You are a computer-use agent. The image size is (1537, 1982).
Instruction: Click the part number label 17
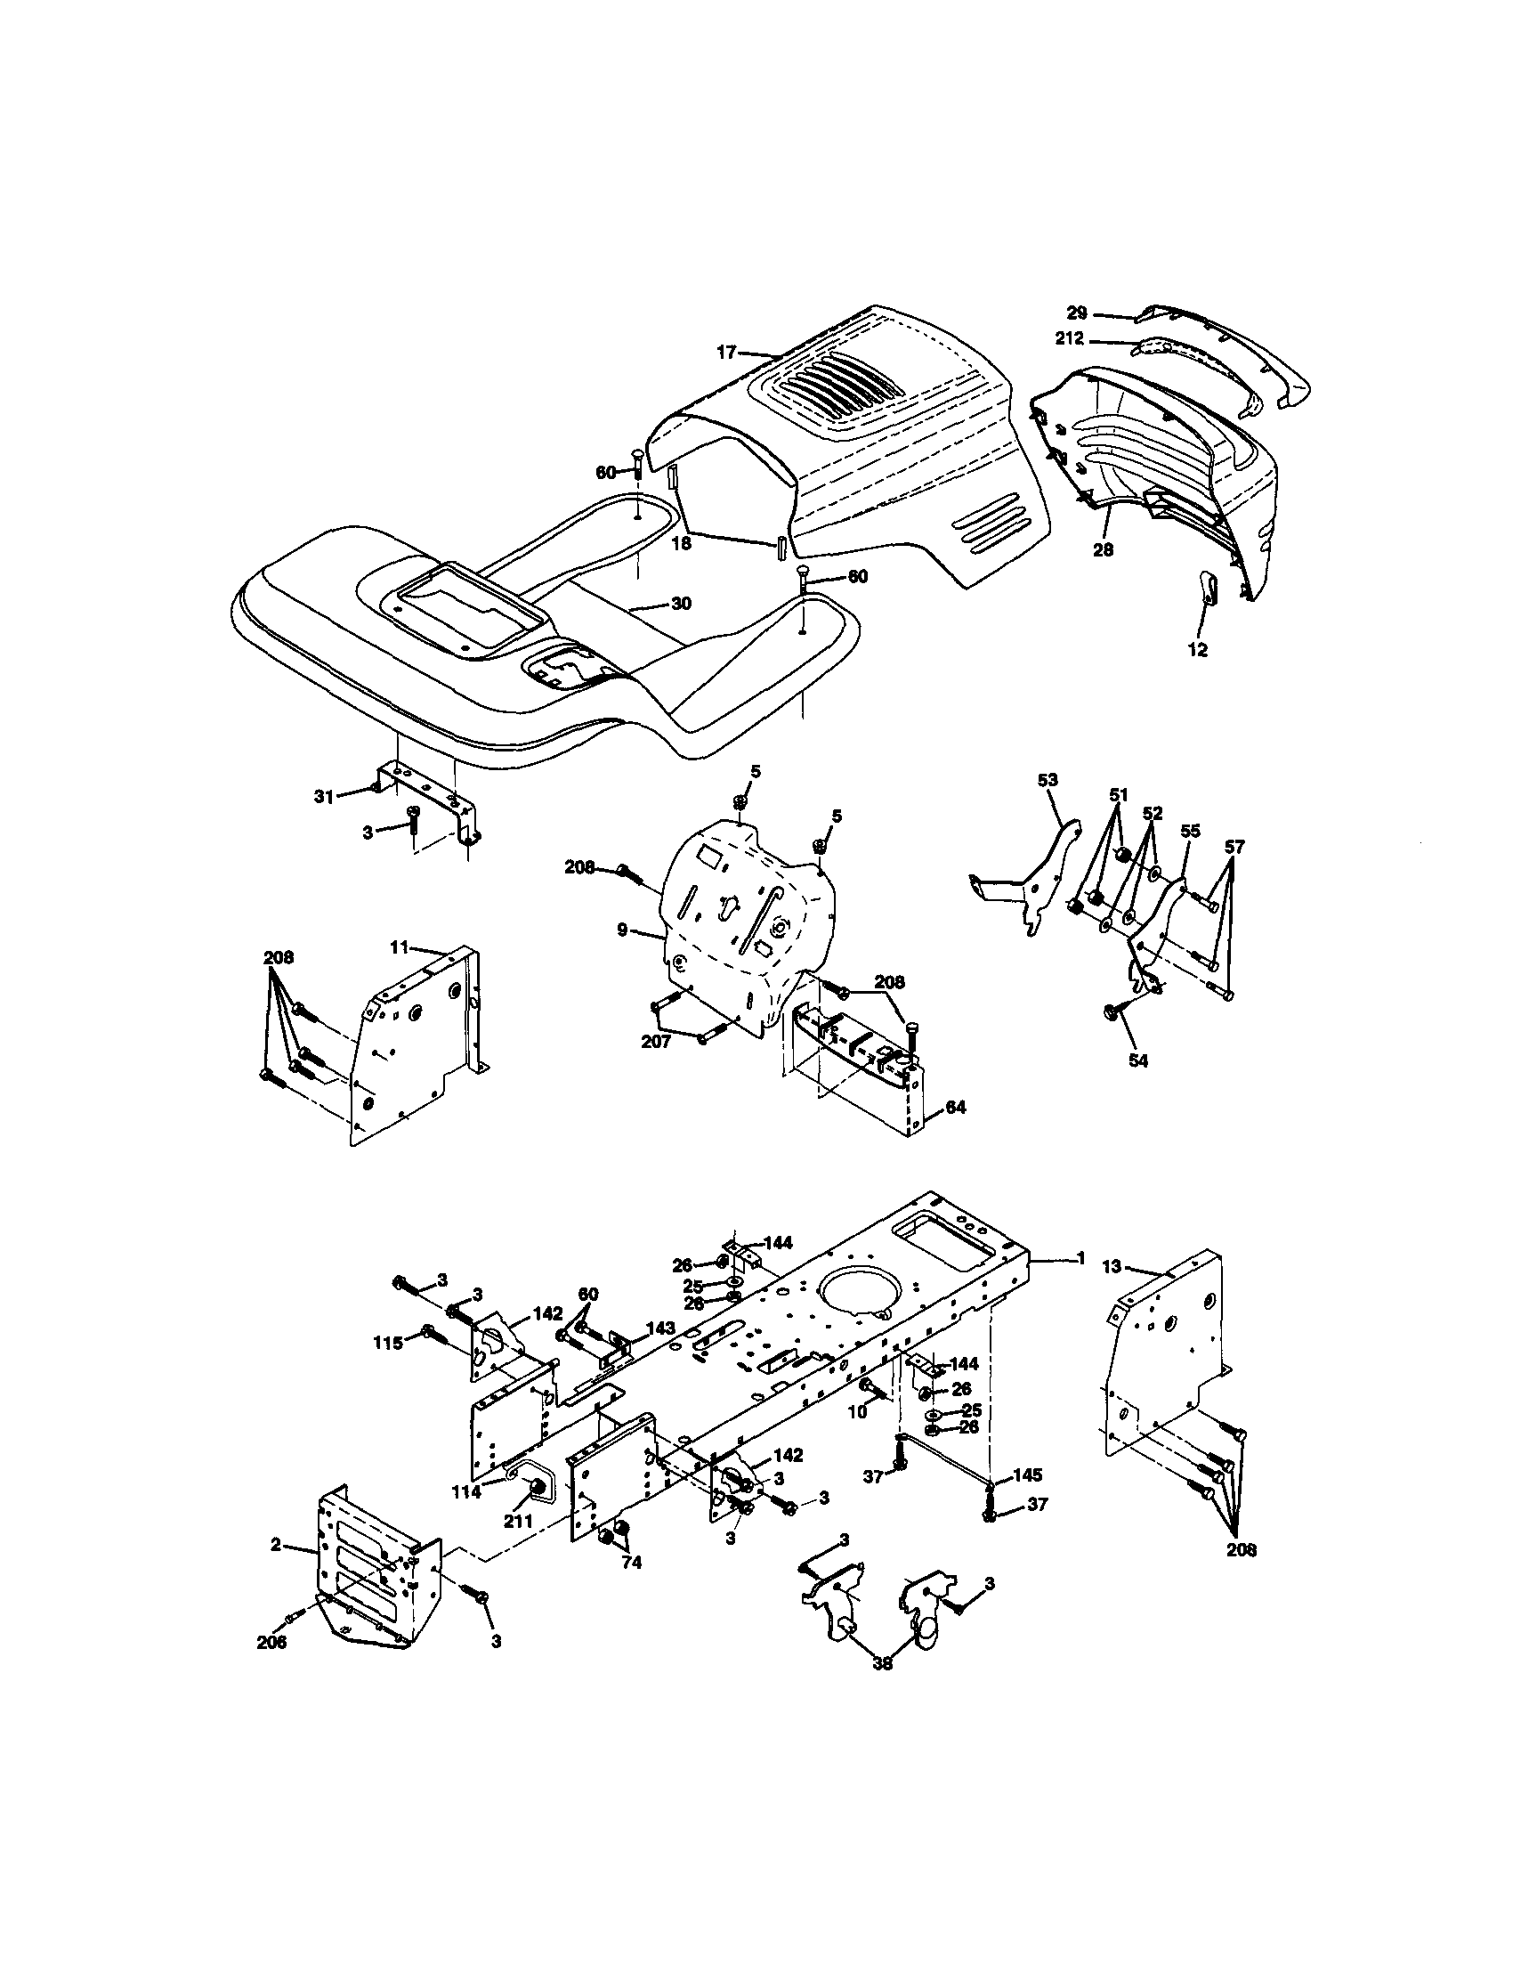(725, 353)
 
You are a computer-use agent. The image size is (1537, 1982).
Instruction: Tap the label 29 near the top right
(1076, 313)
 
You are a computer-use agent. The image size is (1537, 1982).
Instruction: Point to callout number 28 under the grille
(1103, 549)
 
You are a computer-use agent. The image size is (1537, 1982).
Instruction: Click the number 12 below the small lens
(1198, 650)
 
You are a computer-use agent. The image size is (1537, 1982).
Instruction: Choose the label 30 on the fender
(681, 604)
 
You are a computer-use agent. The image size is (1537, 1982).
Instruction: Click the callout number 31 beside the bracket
(324, 796)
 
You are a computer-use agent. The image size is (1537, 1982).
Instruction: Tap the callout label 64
(956, 1107)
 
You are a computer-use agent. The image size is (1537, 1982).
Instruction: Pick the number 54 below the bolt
(1137, 1059)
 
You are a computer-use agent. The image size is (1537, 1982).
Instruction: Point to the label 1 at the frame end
(1080, 1257)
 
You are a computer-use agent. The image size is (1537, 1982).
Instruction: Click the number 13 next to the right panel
(1112, 1266)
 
